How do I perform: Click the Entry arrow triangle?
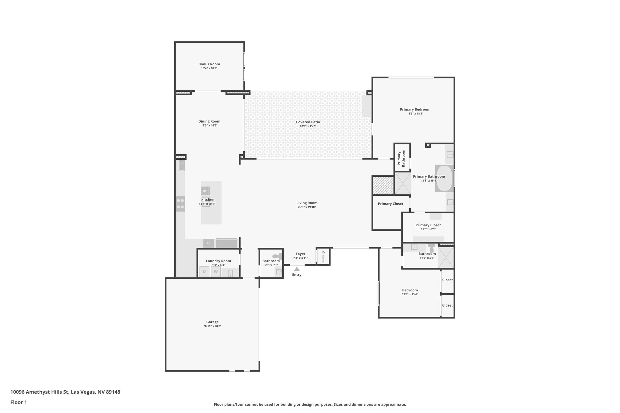297,269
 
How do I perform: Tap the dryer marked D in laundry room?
204,271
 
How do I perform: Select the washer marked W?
216,271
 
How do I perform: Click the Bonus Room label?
209,64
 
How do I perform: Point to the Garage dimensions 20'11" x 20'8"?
212,326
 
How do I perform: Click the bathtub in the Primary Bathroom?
444,178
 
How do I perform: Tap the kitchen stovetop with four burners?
180,204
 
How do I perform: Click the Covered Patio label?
308,122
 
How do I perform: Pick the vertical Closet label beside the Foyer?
323,256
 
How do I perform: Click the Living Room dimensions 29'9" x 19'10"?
307,207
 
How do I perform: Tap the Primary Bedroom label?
415,110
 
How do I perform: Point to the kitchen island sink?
205,191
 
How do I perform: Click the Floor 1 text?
18,402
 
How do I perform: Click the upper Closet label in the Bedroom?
447,280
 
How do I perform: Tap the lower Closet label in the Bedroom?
447,305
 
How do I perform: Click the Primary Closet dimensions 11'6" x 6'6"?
428,229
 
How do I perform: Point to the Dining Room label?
209,121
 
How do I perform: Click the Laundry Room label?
218,261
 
